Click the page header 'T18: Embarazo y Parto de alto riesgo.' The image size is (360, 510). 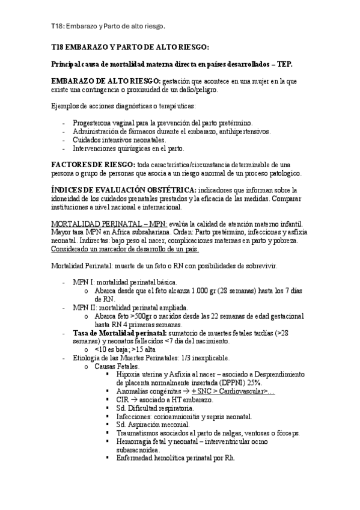[108, 26]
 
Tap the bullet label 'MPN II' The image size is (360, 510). [82, 307]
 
